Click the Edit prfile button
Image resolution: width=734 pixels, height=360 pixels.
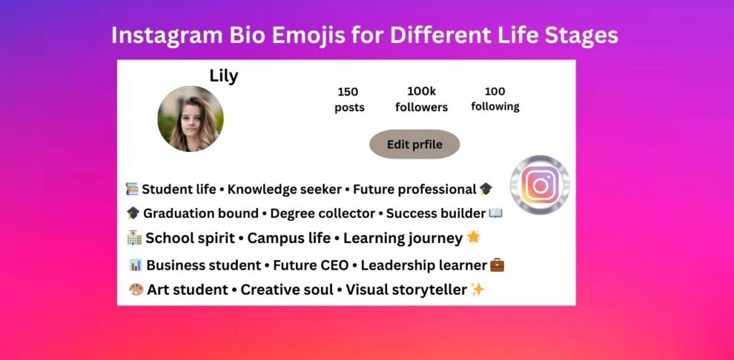tap(414, 145)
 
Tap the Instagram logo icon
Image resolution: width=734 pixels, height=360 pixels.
tap(540, 185)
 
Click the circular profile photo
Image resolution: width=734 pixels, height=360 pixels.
tap(191, 119)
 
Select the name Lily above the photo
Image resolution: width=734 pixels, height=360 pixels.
tap(224, 76)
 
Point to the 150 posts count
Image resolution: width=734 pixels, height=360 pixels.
tap(349, 100)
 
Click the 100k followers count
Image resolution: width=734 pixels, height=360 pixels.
tap(421, 100)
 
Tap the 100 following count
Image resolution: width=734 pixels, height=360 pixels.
tap(495, 99)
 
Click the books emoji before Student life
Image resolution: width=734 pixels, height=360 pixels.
tap(132, 189)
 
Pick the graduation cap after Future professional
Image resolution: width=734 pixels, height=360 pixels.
tap(486, 189)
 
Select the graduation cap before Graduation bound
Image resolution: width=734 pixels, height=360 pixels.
tap(133, 214)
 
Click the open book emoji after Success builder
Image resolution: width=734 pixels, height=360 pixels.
tap(495, 213)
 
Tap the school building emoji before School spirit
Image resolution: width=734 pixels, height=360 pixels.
tap(134, 238)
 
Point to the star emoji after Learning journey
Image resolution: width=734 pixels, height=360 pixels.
tap(473, 237)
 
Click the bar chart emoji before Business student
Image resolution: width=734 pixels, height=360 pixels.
tap(135, 265)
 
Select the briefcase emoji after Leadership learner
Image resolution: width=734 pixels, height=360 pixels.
tap(497, 265)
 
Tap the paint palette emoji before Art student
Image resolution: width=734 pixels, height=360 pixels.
tap(135, 290)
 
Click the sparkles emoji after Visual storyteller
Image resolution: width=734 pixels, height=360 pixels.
tap(478, 290)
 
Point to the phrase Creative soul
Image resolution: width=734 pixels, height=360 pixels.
tap(287, 290)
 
